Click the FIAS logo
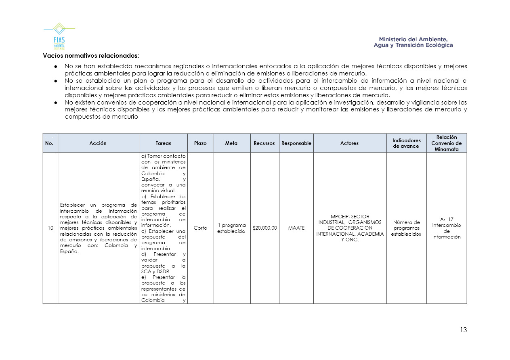point(59,36)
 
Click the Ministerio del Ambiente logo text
point(413,42)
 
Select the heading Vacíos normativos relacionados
point(91,55)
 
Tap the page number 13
point(463,330)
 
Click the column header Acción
point(98,143)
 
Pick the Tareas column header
point(163,143)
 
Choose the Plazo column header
point(200,143)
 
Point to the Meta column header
point(231,143)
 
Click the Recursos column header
point(264,143)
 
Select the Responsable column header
point(296,143)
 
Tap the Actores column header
point(350,143)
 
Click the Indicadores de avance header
point(406,143)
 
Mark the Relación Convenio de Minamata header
point(446,143)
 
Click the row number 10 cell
point(50,228)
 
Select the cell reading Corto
point(200,228)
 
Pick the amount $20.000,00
point(264,228)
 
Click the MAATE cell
point(296,228)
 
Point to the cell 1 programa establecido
point(231,228)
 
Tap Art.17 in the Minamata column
point(446,220)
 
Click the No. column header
point(50,143)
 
